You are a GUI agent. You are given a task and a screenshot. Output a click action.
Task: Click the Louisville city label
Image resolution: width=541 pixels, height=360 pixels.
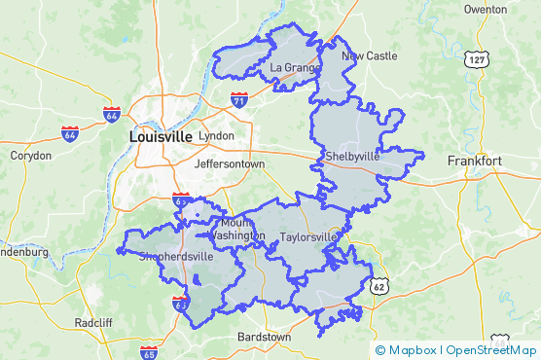tap(161, 137)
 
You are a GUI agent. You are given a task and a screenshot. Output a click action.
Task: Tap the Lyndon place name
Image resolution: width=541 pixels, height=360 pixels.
tap(216, 136)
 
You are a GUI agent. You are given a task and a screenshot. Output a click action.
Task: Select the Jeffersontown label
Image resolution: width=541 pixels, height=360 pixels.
tap(230, 164)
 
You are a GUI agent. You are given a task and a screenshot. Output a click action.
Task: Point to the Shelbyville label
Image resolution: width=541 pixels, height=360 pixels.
tap(352, 156)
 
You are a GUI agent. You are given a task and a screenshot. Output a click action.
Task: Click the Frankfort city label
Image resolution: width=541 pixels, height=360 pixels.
tap(474, 161)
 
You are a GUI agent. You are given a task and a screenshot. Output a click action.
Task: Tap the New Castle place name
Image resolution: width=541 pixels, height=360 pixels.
tap(369, 55)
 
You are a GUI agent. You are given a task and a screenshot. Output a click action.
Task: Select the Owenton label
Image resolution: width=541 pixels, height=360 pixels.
tap(486, 9)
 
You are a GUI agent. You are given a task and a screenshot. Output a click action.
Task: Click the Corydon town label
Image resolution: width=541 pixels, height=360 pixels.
tap(30, 155)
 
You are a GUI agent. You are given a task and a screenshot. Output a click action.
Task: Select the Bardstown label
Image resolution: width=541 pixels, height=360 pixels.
tap(264, 337)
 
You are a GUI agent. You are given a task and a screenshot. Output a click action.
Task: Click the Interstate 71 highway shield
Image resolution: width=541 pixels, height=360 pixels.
tap(239, 99)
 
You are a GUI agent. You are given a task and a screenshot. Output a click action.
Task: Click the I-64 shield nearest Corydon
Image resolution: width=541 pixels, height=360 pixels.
tap(70, 133)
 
